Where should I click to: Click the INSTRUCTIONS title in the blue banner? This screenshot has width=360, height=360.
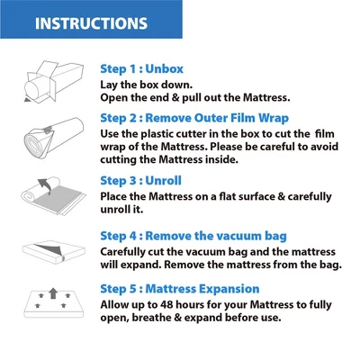coord(91,23)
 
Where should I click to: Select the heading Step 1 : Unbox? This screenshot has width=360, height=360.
coord(141,69)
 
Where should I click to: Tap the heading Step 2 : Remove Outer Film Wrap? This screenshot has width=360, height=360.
coord(194,118)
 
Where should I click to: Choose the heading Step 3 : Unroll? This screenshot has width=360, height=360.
coord(140,181)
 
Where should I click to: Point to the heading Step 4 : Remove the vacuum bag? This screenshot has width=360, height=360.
coord(193,236)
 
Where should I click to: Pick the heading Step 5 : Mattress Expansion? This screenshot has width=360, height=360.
coord(180,289)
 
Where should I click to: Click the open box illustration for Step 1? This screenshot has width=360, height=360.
coord(53,82)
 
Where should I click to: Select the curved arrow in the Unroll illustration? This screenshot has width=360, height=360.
coord(44,184)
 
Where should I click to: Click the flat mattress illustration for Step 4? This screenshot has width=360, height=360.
coord(54,252)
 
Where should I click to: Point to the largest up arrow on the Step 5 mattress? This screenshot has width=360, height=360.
coord(53,293)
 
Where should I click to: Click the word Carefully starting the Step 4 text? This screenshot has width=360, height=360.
coord(122,252)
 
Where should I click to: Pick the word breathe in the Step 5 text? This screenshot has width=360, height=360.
coord(152,318)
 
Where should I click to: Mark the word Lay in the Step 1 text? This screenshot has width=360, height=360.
coord(109,85)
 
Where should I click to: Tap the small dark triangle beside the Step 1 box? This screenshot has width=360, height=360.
coord(27,100)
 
